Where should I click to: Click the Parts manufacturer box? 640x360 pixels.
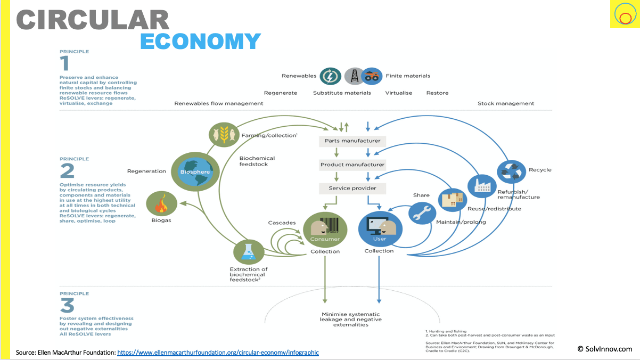coord(352,141)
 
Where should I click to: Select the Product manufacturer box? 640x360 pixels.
coord(352,165)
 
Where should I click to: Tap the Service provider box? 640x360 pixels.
coord(352,188)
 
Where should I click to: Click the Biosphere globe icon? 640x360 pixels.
coord(195,171)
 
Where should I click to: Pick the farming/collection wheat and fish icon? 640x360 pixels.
coord(223,134)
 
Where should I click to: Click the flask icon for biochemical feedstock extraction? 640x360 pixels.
coord(248,252)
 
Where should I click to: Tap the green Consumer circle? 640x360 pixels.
coord(325,230)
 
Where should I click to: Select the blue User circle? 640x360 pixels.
coord(380,230)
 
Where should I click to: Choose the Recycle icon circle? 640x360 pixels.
coord(511,171)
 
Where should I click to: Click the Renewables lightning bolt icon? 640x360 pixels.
coord(330,76)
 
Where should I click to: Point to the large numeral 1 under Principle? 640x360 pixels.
coord(65,64)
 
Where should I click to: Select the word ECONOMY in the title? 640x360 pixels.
coord(200,41)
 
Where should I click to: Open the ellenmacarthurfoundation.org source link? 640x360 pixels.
coord(218,352)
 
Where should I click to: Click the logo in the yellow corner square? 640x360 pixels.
coord(623,14)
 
